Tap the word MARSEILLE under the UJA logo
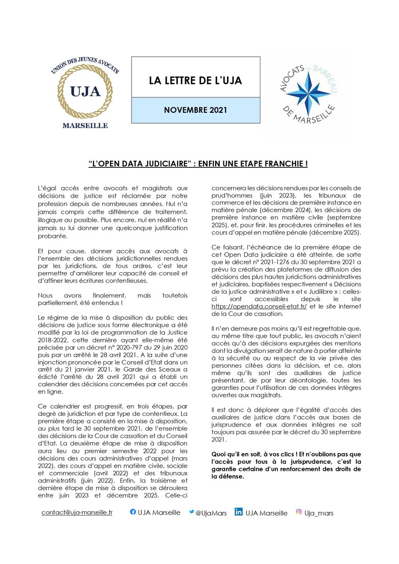85,125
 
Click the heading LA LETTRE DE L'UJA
195,80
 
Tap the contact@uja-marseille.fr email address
77,512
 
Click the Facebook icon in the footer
133,512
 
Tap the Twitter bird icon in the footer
191,512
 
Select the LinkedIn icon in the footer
238,512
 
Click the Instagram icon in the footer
298,512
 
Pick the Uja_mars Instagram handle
319,513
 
